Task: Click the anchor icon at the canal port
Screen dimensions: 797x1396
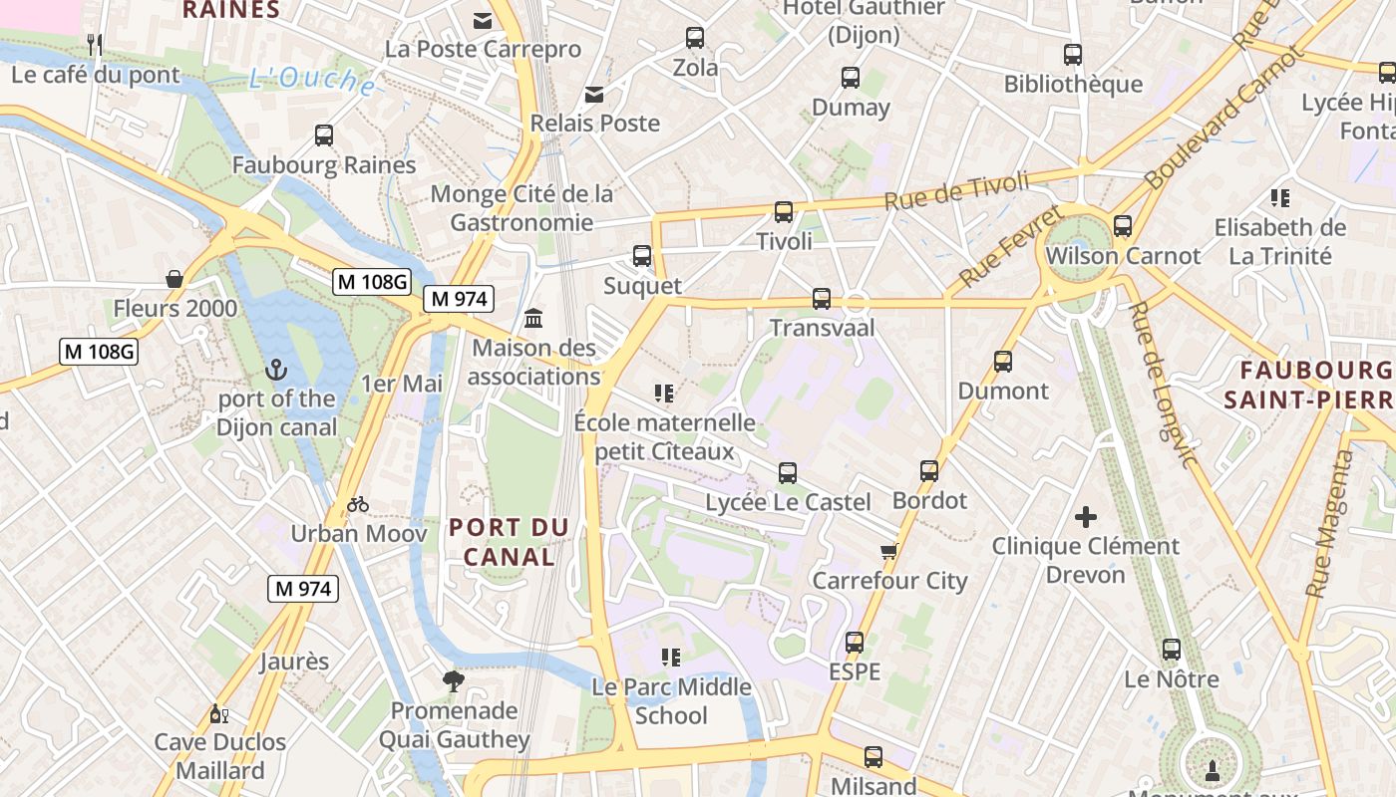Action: coord(276,370)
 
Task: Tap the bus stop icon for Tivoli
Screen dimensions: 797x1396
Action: coord(784,212)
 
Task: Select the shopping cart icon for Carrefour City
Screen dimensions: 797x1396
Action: coord(888,551)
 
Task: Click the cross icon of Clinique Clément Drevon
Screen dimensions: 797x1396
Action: coord(1086,517)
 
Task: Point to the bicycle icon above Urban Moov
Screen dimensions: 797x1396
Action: coord(358,504)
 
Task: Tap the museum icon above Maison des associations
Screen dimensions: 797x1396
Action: coord(533,319)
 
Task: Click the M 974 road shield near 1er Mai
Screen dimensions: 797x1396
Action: coord(459,298)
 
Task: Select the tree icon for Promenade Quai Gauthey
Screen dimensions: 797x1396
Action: coord(454,681)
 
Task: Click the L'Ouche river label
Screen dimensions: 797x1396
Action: coord(312,80)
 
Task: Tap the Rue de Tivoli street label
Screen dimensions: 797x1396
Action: coord(956,190)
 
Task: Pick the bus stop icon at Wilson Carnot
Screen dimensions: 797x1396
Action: coord(1123,226)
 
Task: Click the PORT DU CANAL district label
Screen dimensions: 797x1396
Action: coord(509,542)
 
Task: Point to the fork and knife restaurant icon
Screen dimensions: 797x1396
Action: coord(96,44)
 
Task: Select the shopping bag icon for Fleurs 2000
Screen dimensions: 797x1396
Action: coord(174,279)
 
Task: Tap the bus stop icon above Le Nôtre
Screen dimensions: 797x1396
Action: coord(1172,650)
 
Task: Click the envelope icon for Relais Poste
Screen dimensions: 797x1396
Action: coord(594,95)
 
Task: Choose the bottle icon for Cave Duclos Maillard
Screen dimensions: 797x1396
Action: coord(218,713)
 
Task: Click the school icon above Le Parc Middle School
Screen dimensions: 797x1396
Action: coord(671,658)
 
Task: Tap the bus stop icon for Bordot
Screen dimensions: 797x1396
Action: coord(929,471)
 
